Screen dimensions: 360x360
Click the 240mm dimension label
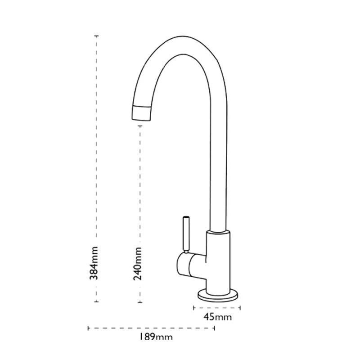point(138,263)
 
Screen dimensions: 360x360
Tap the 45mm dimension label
point(217,317)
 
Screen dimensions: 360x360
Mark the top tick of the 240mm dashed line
point(140,126)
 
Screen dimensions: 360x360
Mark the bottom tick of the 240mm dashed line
point(140,301)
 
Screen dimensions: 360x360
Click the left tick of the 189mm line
point(88,328)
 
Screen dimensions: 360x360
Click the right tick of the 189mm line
point(214,328)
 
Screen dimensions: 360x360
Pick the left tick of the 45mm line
point(193,308)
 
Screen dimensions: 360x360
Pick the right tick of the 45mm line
point(240,308)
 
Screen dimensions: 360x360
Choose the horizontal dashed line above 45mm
point(217,308)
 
